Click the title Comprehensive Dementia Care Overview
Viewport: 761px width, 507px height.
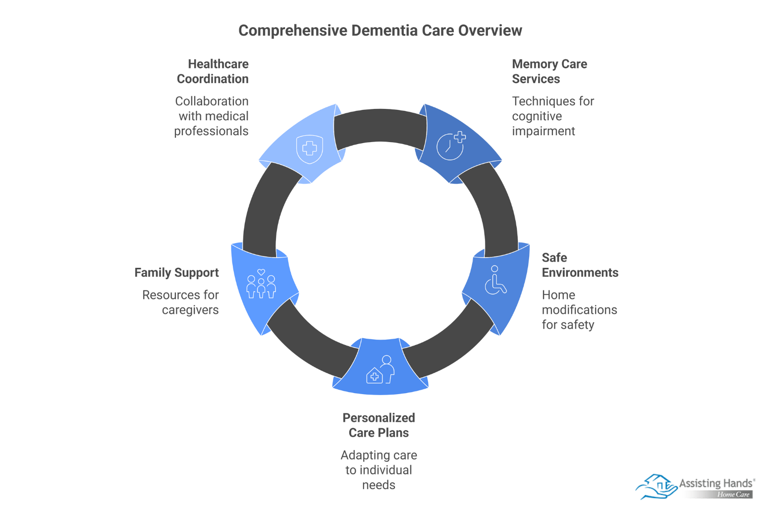(380, 31)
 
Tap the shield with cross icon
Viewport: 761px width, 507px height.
(310, 148)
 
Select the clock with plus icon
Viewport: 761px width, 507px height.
(451, 146)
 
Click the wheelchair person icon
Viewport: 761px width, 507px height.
(495, 280)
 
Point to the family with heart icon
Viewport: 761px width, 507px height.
(261, 284)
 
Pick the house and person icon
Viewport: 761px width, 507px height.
(380, 370)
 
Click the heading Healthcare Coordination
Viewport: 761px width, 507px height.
(213, 71)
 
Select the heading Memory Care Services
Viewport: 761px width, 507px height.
(549, 71)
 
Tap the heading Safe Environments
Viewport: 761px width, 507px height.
(580, 265)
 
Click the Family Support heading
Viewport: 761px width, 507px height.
(176, 273)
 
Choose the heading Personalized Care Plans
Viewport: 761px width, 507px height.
(379, 425)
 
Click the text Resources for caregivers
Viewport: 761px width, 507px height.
(181, 302)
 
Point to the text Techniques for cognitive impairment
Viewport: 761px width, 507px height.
(552, 116)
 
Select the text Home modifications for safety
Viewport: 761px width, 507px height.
(579, 309)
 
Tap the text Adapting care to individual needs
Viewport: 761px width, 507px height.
(379, 470)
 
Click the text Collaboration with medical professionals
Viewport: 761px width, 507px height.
(212, 116)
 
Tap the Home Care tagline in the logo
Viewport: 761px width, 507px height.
(733, 495)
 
